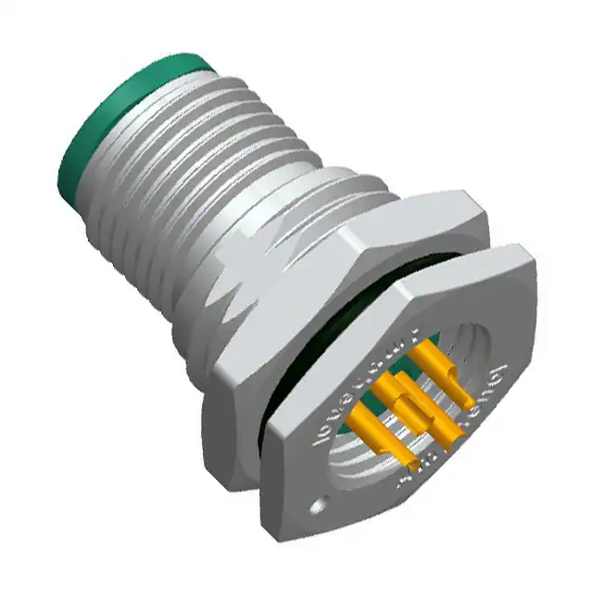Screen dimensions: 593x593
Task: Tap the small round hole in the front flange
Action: point(321,506)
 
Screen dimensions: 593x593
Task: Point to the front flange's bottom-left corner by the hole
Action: point(306,519)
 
